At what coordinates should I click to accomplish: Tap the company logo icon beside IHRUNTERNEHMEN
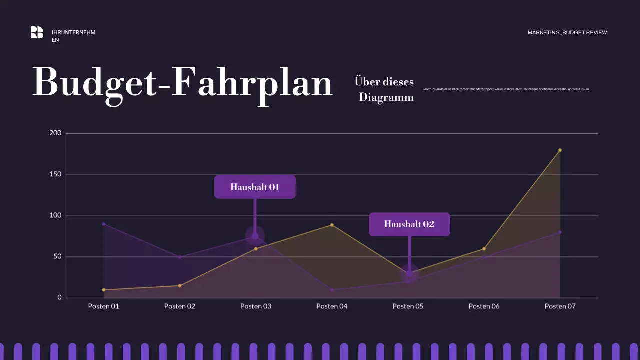pyautogui.click(x=37, y=32)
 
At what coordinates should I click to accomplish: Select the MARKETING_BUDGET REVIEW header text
pyautogui.click(x=567, y=33)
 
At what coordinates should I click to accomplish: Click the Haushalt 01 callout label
pyautogui.click(x=255, y=187)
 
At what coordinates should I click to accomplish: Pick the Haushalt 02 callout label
pyautogui.click(x=409, y=224)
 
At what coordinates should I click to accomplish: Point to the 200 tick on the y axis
pyautogui.click(x=55, y=133)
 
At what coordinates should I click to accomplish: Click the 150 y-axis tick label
pyautogui.click(x=55, y=174)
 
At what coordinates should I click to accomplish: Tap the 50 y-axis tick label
pyautogui.click(x=57, y=257)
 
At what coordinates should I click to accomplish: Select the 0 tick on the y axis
pyautogui.click(x=59, y=298)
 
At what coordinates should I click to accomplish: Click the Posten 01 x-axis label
pyautogui.click(x=104, y=306)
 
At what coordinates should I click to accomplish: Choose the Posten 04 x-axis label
pyautogui.click(x=332, y=306)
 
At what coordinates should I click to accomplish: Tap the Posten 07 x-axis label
pyautogui.click(x=560, y=306)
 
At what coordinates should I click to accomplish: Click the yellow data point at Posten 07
pyautogui.click(x=560, y=150)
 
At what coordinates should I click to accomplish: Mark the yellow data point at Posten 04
pyautogui.click(x=332, y=225)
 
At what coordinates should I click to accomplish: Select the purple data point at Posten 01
pyautogui.click(x=104, y=224)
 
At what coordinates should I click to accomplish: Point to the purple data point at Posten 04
pyautogui.click(x=332, y=290)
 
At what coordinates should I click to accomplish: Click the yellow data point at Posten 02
pyautogui.click(x=180, y=286)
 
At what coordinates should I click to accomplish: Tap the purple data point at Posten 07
pyautogui.click(x=560, y=232)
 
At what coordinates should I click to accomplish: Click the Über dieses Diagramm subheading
pyautogui.click(x=385, y=89)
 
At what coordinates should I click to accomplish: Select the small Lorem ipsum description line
pyautogui.click(x=506, y=89)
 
